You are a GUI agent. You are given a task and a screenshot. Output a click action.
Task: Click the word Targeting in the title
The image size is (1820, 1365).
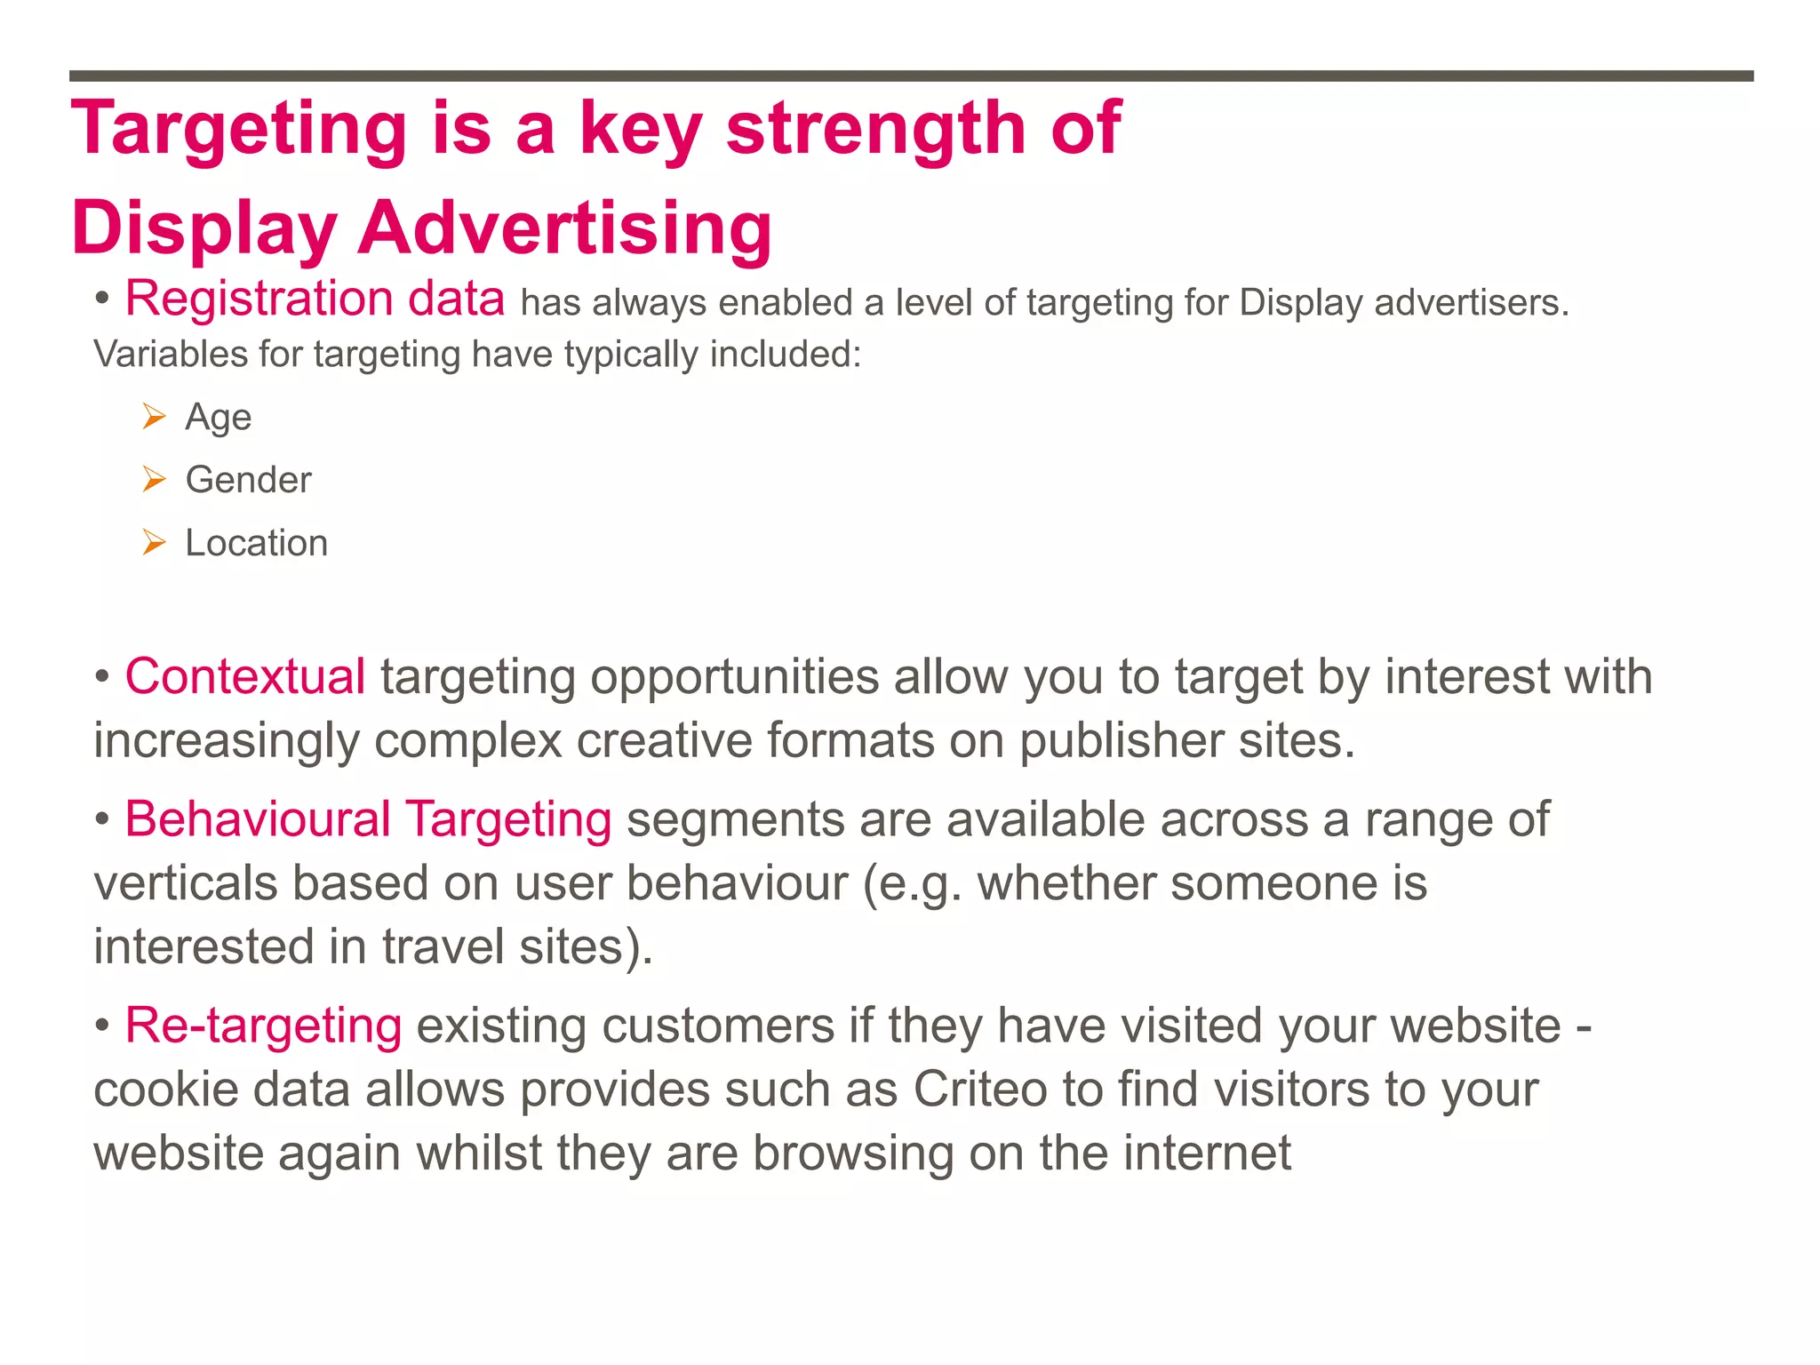pyautogui.click(x=238, y=129)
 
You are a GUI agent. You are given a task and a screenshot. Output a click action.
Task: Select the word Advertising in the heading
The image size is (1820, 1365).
pyautogui.click(x=565, y=227)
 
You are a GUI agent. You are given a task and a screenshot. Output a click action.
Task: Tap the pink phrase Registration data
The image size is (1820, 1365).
pyautogui.click(x=315, y=299)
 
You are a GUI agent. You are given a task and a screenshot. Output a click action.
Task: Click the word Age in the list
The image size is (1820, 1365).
pyautogui.click(x=218, y=417)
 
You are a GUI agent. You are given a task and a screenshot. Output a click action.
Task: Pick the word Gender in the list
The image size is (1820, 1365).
pyautogui.click(x=248, y=480)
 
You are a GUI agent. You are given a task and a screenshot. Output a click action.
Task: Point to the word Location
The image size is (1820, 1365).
pyautogui.click(x=256, y=543)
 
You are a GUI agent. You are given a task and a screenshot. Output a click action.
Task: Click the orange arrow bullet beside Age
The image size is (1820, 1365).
pyautogui.click(x=155, y=416)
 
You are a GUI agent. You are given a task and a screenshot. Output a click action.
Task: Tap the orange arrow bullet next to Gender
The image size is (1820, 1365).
pyautogui.click(x=155, y=480)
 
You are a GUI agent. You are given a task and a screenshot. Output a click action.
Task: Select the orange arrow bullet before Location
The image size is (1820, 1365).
pyautogui.click(x=155, y=542)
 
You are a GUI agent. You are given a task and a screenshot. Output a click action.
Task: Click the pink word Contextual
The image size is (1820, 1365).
pyautogui.click(x=245, y=676)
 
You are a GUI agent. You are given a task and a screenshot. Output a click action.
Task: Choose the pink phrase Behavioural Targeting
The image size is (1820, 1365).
pyautogui.click(x=368, y=819)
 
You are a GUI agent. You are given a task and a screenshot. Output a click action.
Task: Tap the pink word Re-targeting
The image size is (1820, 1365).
pyautogui.click(x=263, y=1026)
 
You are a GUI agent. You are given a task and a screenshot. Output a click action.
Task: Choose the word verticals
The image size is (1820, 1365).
pyautogui.click(x=186, y=883)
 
